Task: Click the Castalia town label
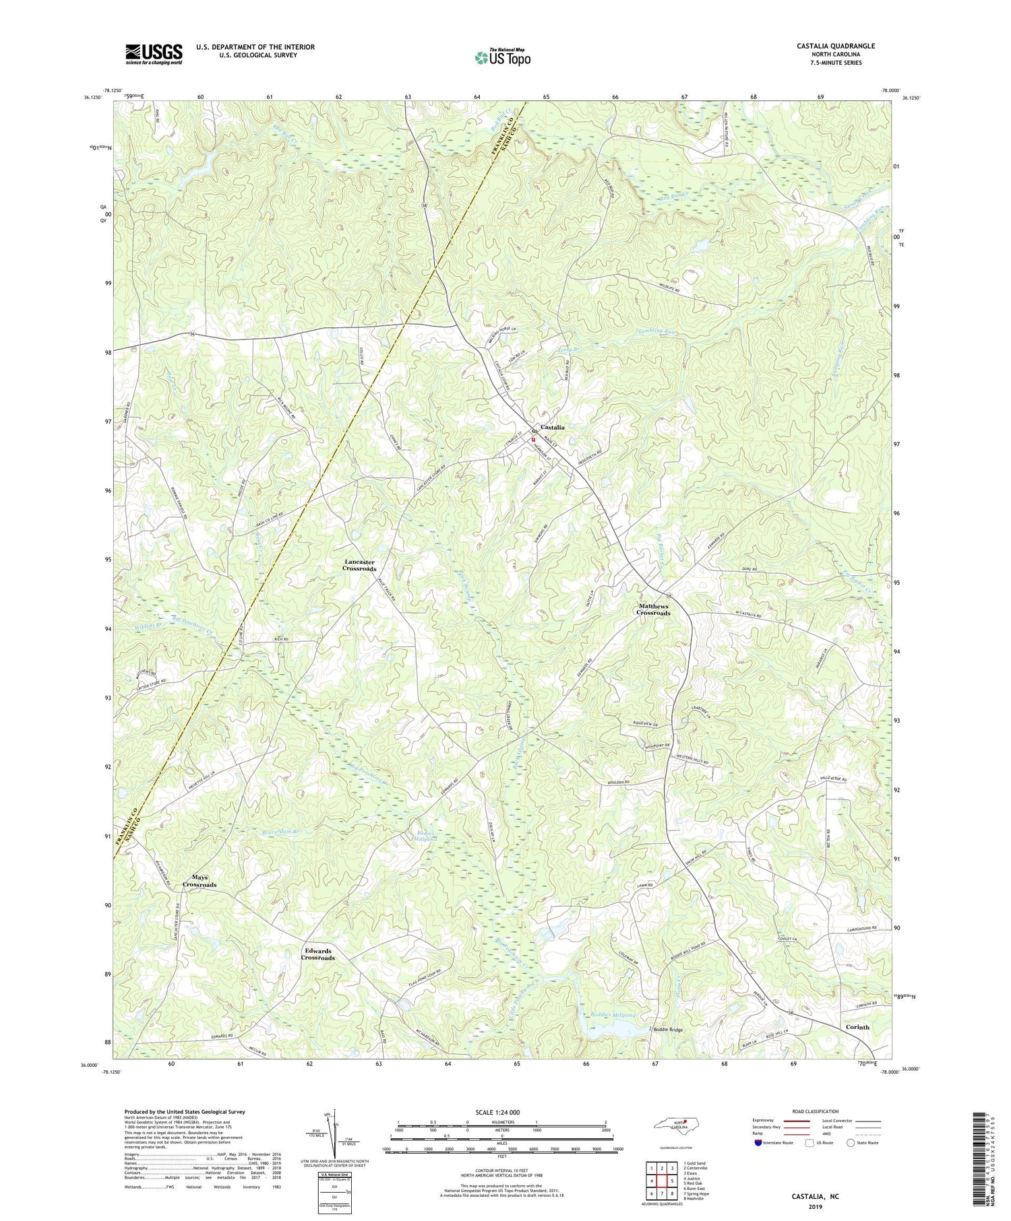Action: pyautogui.click(x=551, y=427)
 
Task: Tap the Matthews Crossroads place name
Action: pyautogui.click(x=654, y=609)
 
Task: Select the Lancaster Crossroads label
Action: pyautogui.click(x=360, y=565)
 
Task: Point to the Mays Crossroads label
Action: pyautogui.click(x=200, y=881)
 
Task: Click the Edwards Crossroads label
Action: pyautogui.click(x=317, y=954)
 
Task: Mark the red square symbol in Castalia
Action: pyautogui.click(x=532, y=438)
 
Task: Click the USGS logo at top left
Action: pyautogui.click(x=154, y=54)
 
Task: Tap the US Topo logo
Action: pyautogui.click(x=502, y=57)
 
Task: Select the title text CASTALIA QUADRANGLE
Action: pyautogui.click(x=836, y=46)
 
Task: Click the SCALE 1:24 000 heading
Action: pyautogui.click(x=502, y=1113)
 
